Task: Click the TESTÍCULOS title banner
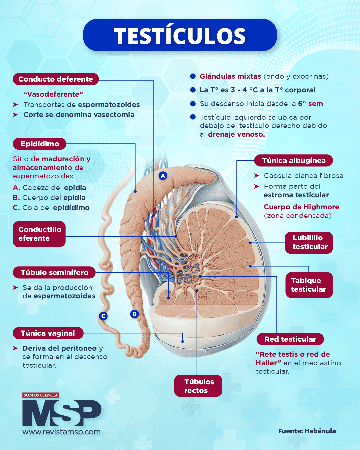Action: click(x=180, y=35)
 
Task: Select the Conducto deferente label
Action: click(x=56, y=79)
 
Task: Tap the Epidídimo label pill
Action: click(x=40, y=144)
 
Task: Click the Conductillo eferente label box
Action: click(x=39, y=234)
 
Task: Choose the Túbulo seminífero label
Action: click(x=54, y=273)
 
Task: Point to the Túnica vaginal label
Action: click(x=48, y=333)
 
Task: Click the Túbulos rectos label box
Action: click(x=198, y=386)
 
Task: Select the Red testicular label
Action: click(x=290, y=339)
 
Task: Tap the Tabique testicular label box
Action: click(x=309, y=285)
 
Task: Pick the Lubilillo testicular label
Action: click(x=309, y=242)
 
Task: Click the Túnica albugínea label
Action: click(x=294, y=161)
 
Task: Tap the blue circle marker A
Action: click(x=163, y=176)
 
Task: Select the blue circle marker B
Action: click(x=135, y=314)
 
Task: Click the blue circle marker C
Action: click(x=103, y=316)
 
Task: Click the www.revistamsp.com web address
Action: click(x=61, y=432)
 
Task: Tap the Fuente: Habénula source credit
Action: click(x=307, y=431)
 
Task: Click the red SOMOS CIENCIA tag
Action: click(x=41, y=395)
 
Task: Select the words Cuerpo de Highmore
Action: click(x=301, y=207)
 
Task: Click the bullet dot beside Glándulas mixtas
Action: click(x=193, y=76)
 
